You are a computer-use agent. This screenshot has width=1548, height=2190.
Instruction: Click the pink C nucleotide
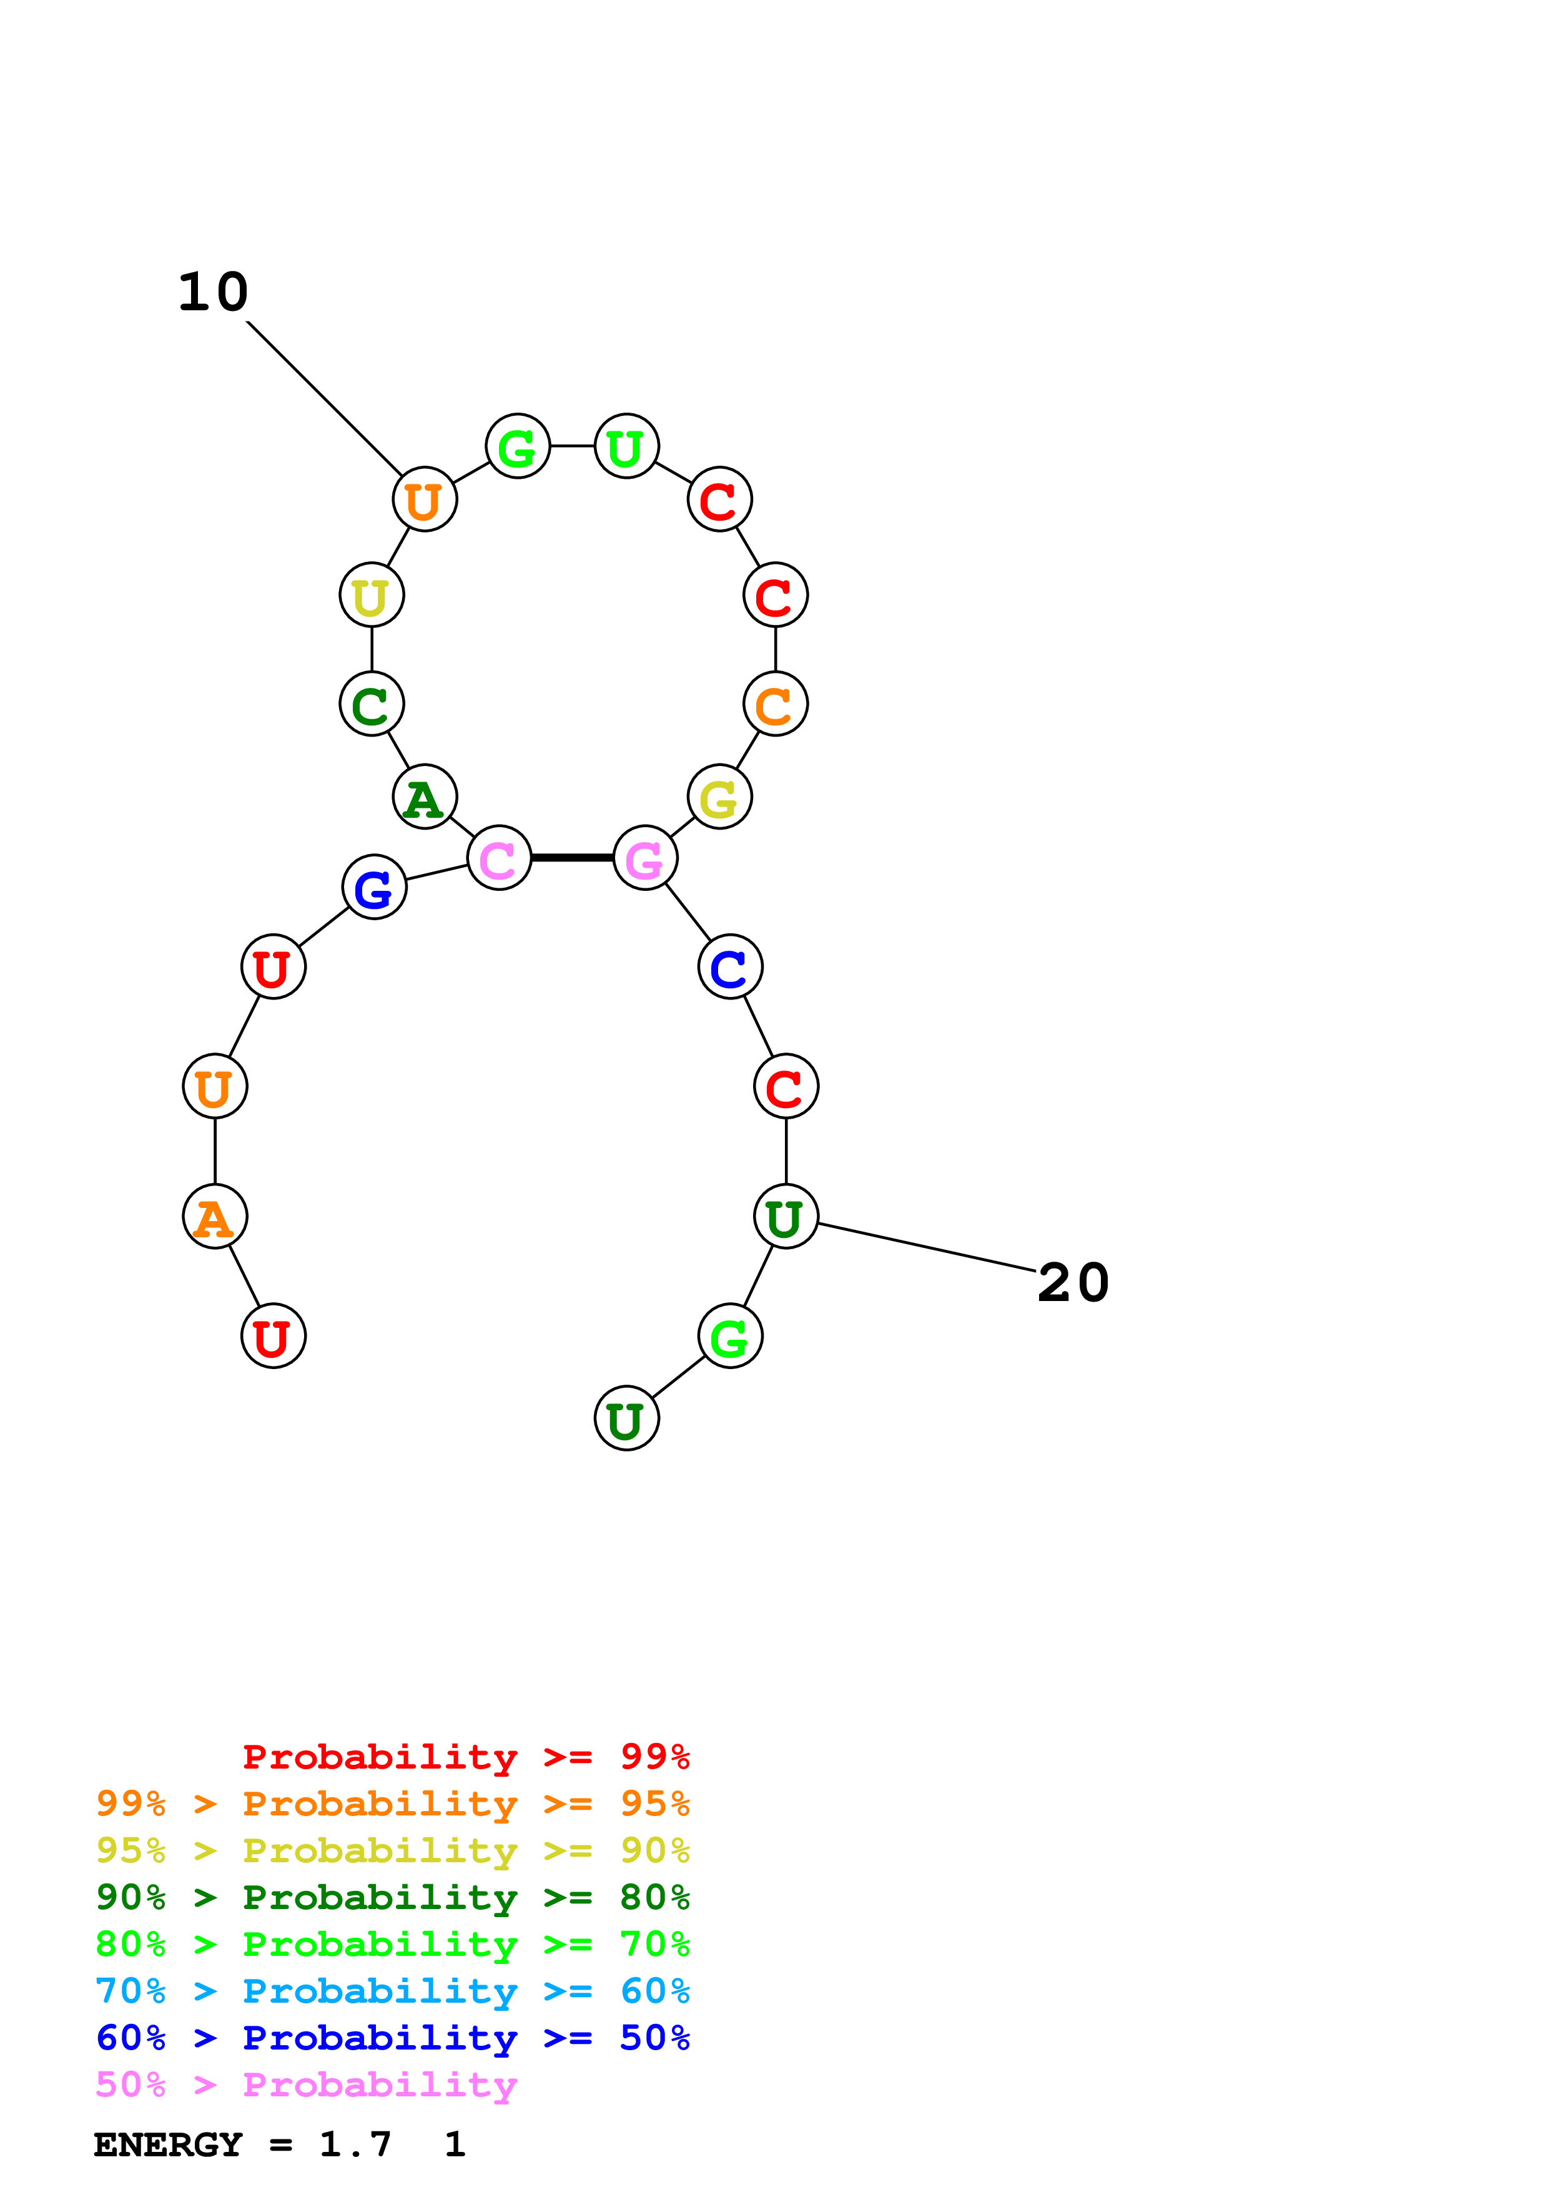[x=499, y=858]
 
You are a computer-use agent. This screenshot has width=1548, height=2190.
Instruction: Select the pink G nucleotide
[x=646, y=858]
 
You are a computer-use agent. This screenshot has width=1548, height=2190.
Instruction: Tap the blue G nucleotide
[x=374, y=887]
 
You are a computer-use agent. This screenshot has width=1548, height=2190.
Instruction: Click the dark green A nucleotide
[x=425, y=797]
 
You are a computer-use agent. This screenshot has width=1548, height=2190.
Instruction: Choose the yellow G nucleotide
[x=719, y=797]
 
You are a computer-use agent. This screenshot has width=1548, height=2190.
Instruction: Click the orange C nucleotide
[x=776, y=704]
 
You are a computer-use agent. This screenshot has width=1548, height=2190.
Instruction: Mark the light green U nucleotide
[x=627, y=446]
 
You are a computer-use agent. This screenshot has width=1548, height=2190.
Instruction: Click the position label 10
[x=214, y=292]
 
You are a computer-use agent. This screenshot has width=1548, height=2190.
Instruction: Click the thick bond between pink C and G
[x=572, y=858]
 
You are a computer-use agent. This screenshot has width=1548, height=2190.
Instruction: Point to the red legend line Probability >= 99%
[x=465, y=1757]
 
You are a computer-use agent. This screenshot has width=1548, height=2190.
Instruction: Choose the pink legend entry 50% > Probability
[x=306, y=2085]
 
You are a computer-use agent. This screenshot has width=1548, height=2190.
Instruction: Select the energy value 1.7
[x=355, y=2145]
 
